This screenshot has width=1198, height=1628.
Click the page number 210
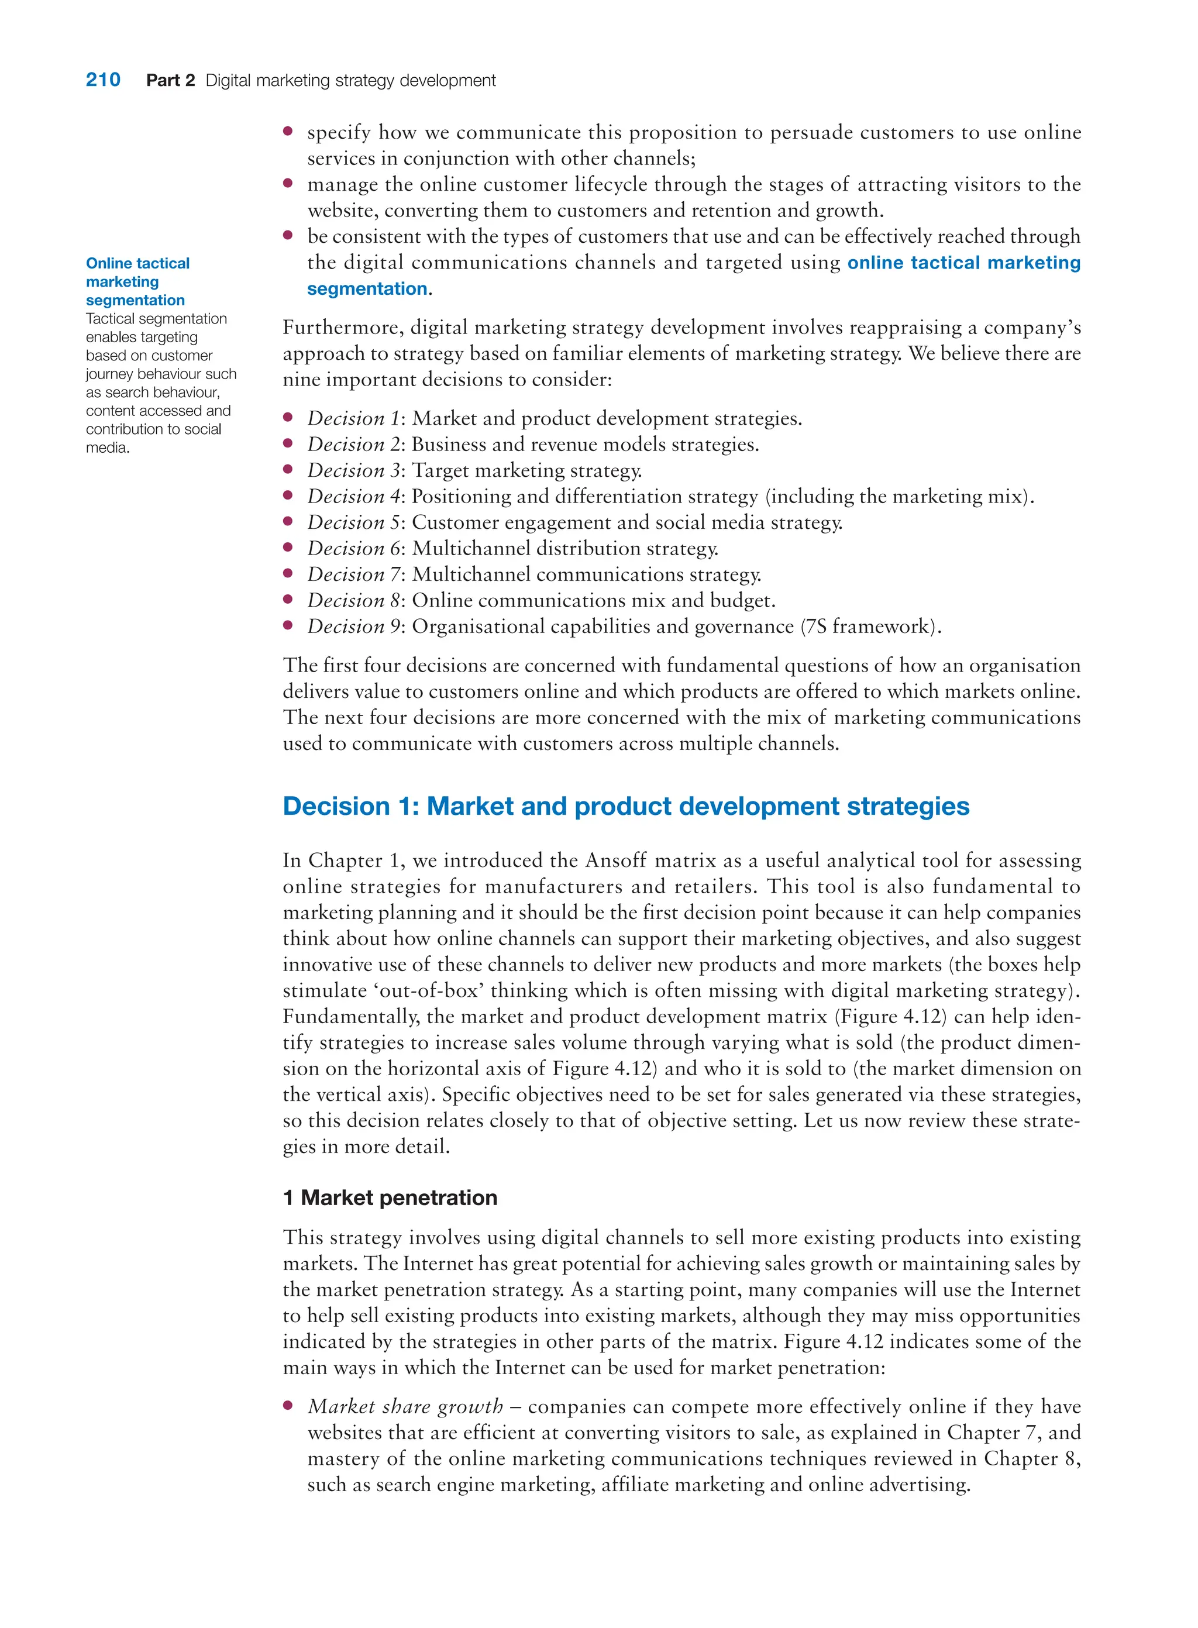(103, 80)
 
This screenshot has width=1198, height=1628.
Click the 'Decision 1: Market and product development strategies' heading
(626, 806)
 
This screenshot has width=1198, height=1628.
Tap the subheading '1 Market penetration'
(390, 1197)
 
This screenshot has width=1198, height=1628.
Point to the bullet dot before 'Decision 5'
(288, 521)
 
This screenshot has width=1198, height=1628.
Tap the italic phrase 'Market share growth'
(405, 1407)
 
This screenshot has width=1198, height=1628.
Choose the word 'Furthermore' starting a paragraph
(343, 328)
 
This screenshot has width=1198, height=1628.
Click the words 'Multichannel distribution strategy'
(565, 548)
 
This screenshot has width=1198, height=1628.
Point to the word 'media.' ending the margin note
(108, 448)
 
